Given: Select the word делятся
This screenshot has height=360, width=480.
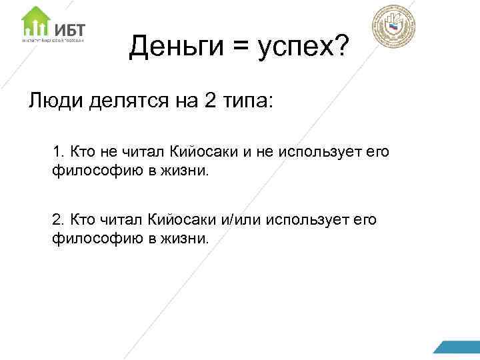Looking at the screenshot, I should tap(124, 101).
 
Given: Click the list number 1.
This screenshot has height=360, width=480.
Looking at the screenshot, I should tap(57, 153).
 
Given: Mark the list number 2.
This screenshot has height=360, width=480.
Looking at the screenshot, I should tap(57, 219).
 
